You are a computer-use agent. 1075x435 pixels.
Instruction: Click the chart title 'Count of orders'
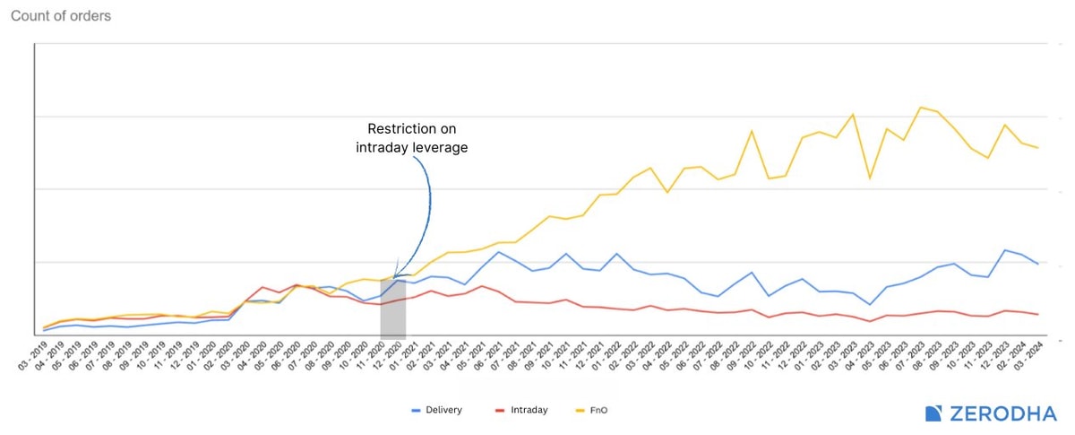pos(61,16)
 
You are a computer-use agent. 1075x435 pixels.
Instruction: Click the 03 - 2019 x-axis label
pos(32,356)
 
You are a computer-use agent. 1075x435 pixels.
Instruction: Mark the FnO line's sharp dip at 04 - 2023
pos(869,178)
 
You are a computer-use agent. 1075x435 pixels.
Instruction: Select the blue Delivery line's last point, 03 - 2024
pos(1037,264)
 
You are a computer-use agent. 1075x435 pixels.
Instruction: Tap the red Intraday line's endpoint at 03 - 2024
pos(1037,314)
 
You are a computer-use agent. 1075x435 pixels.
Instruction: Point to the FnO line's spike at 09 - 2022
pos(752,132)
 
